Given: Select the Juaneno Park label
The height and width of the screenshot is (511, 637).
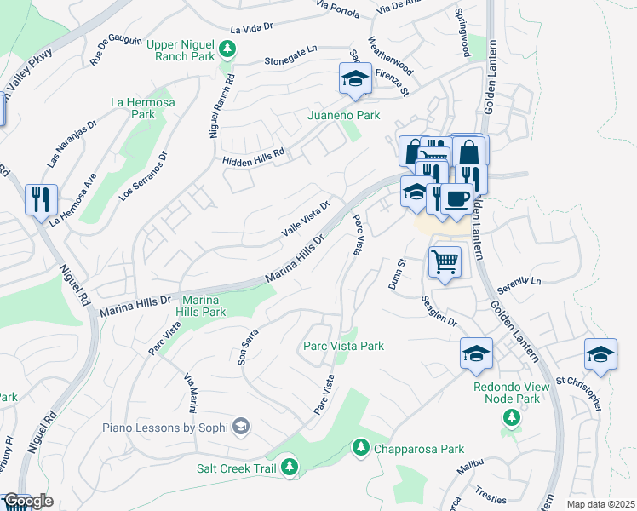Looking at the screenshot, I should click(343, 115).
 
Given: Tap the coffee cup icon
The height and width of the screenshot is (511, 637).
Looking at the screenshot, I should click(457, 198).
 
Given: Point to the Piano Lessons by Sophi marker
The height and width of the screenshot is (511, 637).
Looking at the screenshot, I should click(241, 427).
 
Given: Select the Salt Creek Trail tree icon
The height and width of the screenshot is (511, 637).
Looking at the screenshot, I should click(290, 466).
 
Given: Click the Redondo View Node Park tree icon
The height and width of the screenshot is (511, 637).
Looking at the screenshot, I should click(511, 416).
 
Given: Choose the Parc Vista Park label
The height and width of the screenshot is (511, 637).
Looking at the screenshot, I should click(343, 346).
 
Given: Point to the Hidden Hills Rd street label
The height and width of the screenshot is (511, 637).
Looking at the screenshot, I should click(253, 156).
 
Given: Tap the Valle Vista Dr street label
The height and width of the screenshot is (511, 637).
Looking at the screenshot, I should click(305, 220).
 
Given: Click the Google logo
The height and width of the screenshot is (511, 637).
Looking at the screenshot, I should click(28, 501).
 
